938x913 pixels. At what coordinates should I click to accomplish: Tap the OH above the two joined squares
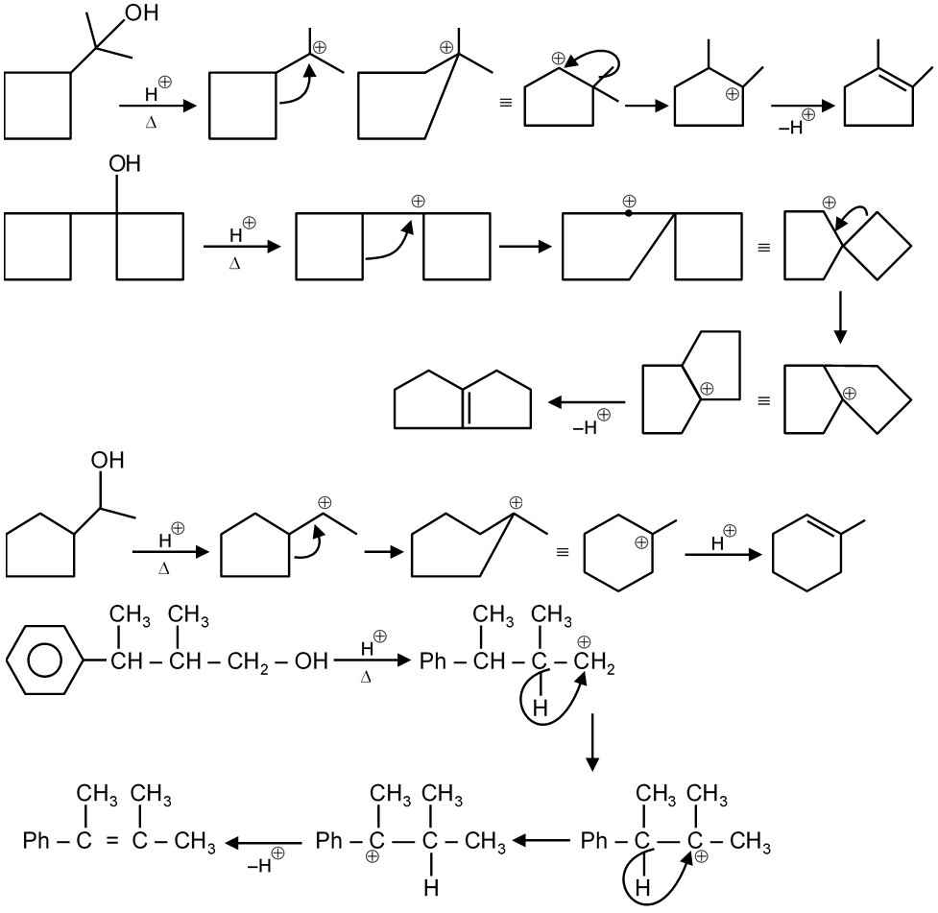click(125, 164)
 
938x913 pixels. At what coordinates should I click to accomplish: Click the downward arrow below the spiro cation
click(840, 319)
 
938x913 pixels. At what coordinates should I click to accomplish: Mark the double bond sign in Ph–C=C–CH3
click(111, 842)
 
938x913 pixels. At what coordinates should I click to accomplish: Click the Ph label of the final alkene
click(38, 842)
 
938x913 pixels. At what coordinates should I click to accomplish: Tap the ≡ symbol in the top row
click(505, 98)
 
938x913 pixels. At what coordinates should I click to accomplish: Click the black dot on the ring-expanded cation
click(628, 214)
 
